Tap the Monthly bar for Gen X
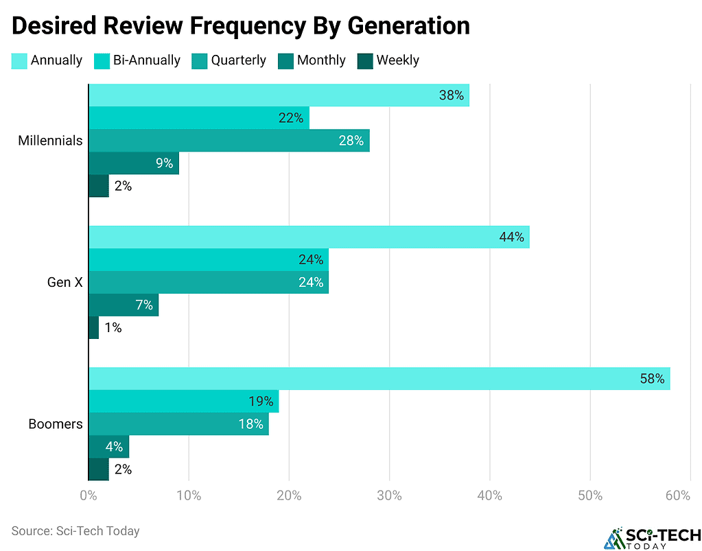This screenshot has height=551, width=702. tap(124, 305)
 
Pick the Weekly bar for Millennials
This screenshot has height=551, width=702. tap(99, 186)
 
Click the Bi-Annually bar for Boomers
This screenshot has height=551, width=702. tap(184, 401)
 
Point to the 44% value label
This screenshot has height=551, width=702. tap(511, 237)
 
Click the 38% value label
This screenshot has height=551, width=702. tap(452, 95)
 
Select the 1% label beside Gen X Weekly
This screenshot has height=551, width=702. tap(113, 328)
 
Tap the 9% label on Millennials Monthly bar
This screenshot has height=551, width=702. tap(163, 163)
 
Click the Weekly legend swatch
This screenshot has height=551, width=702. tap(365, 60)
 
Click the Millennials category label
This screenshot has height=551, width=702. tap(50, 141)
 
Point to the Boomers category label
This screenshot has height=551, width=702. tap(56, 424)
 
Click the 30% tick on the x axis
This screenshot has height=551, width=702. tap(389, 495)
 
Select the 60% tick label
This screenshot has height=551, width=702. tap(677, 495)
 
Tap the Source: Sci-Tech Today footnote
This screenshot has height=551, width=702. tap(75, 531)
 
